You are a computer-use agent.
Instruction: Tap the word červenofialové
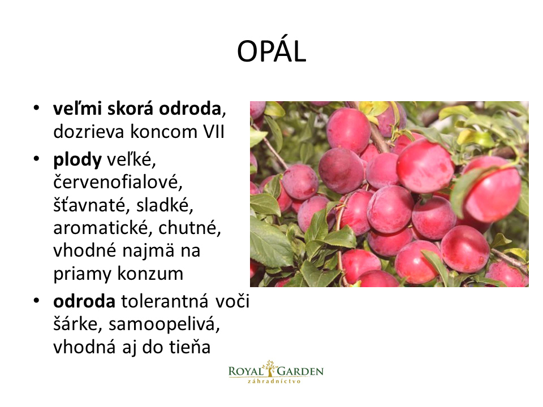click(118, 182)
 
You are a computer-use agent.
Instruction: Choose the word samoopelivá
click(164, 324)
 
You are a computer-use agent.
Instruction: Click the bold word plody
click(77, 160)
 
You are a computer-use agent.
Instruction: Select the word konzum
click(150, 274)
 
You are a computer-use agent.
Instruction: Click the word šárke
click(78, 324)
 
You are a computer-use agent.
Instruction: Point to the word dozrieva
click(89, 132)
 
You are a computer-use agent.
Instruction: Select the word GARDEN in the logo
click(300, 372)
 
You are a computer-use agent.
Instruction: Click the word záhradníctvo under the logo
click(274, 382)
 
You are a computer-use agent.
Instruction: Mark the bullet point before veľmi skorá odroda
click(36, 107)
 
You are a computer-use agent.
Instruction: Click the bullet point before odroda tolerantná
click(36, 301)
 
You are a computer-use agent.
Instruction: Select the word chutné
click(189, 228)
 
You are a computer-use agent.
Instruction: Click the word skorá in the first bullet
click(130, 109)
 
